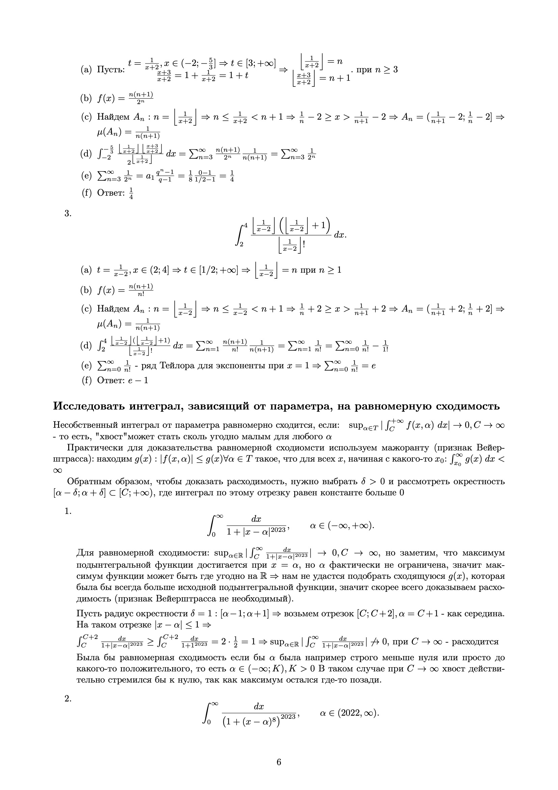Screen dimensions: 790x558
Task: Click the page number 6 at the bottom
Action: tap(279, 762)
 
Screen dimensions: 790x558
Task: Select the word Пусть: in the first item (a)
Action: tap(111, 70)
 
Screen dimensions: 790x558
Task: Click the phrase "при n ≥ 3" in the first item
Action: tap(377, 70)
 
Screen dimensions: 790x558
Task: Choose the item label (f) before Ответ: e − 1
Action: tap(87, 380)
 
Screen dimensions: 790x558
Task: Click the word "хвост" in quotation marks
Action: tap(109, 437)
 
